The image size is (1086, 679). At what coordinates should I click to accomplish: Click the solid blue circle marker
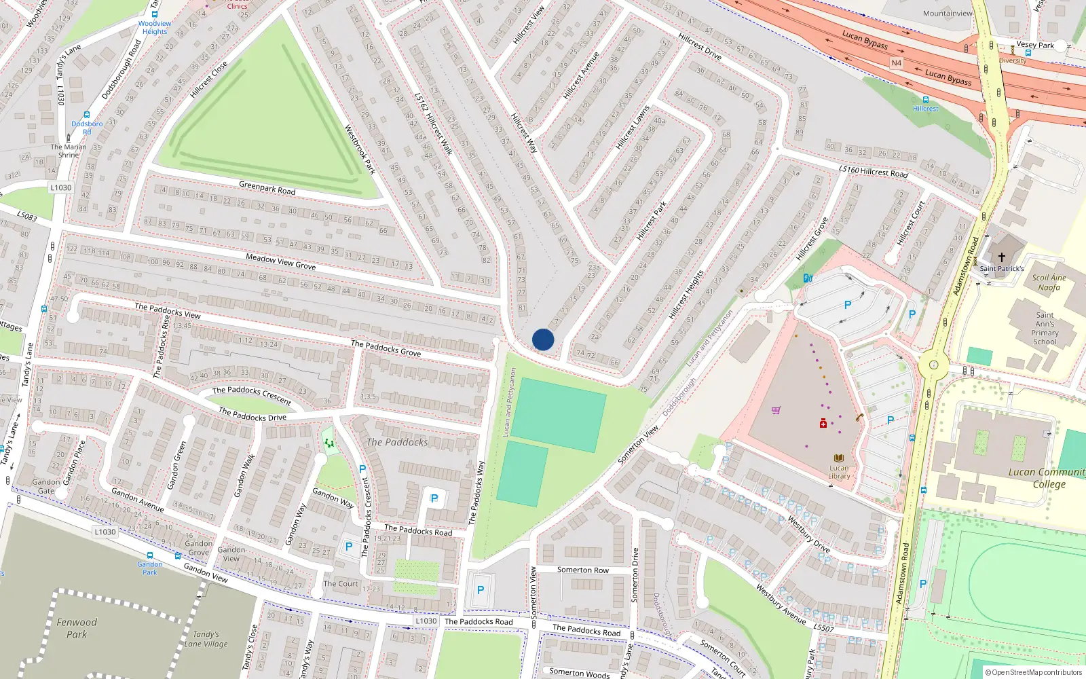tap(543, 339)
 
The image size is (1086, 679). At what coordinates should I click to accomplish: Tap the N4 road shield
tap(896, 63)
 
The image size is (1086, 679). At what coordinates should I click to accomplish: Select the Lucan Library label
tap(839, 472)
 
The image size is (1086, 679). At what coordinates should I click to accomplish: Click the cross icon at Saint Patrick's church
tap(1001, 257)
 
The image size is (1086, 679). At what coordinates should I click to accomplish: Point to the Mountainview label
tap(948, 13)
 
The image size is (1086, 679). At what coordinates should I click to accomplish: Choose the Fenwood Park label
tap(77, 628)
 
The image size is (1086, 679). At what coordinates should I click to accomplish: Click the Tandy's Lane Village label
tap(206, 639)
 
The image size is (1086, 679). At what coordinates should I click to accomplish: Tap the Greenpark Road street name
tap(267, 187)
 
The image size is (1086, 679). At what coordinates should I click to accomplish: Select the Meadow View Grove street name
tap(280, 261)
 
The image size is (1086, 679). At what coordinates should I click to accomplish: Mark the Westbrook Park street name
tap(360, 149)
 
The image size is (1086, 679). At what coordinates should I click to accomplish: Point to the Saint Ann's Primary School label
tap(1045, 328)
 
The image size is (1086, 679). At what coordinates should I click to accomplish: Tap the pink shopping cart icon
tap(776, 410)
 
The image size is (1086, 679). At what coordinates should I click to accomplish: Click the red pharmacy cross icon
tap(823, 424)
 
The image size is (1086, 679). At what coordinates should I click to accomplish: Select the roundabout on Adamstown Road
tap(933, 365)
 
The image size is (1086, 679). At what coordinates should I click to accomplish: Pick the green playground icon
tap(329, 443)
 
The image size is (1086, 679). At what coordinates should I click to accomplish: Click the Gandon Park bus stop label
tap(150, 568)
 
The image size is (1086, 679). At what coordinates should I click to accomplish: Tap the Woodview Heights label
tap(155, 27)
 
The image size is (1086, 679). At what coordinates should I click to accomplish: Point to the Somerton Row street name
tap(583, 570)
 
